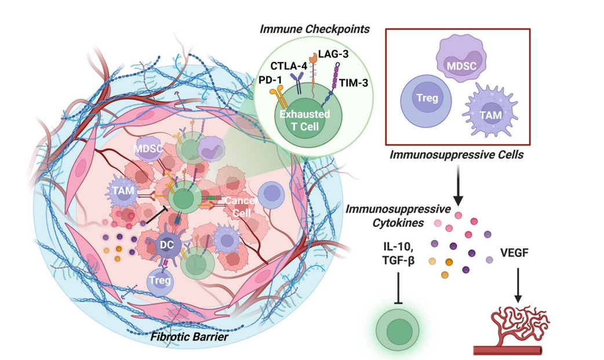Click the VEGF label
517,253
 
